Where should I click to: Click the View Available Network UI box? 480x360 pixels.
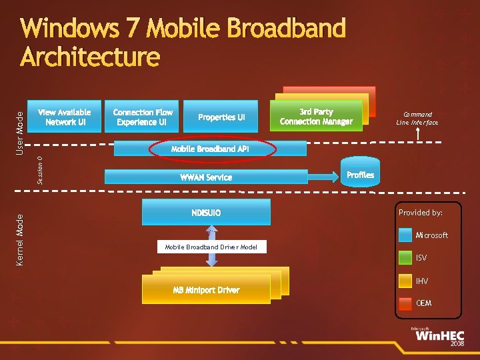64,117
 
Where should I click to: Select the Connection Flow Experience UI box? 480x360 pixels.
142,117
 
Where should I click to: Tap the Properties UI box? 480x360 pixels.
221,117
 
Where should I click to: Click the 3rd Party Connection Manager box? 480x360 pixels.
316,117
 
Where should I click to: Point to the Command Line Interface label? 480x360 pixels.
417,118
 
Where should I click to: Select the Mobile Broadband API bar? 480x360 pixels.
210,149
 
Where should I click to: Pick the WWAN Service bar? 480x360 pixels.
206,177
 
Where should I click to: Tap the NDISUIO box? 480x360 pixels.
206,213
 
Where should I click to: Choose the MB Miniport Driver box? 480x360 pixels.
206,289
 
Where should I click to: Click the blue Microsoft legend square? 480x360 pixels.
405,235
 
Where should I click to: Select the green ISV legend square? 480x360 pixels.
405,257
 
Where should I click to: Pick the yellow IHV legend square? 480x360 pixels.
405,281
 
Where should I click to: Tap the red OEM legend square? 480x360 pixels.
405,303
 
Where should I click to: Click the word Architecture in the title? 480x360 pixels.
90,56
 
